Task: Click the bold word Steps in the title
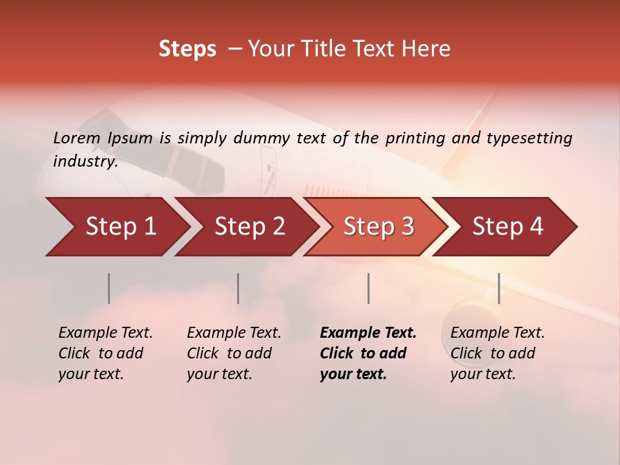pos(187,49)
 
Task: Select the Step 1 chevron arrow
pos(116,227)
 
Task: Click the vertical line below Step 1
pos(108,288)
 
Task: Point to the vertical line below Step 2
pos(238,288)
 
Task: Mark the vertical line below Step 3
pos(368,288)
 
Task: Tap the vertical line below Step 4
pos(499,288)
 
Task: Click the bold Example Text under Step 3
pos(368,333)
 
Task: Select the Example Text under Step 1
pos(105,333)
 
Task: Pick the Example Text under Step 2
pos(234,333)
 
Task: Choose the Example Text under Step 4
pos(497,333)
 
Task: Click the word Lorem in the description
pos(77,138)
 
